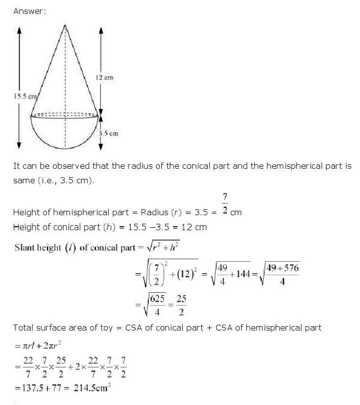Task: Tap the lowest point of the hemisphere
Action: click(x=65, y=149)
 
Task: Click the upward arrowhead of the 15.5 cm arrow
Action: click(x=19, y=29)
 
